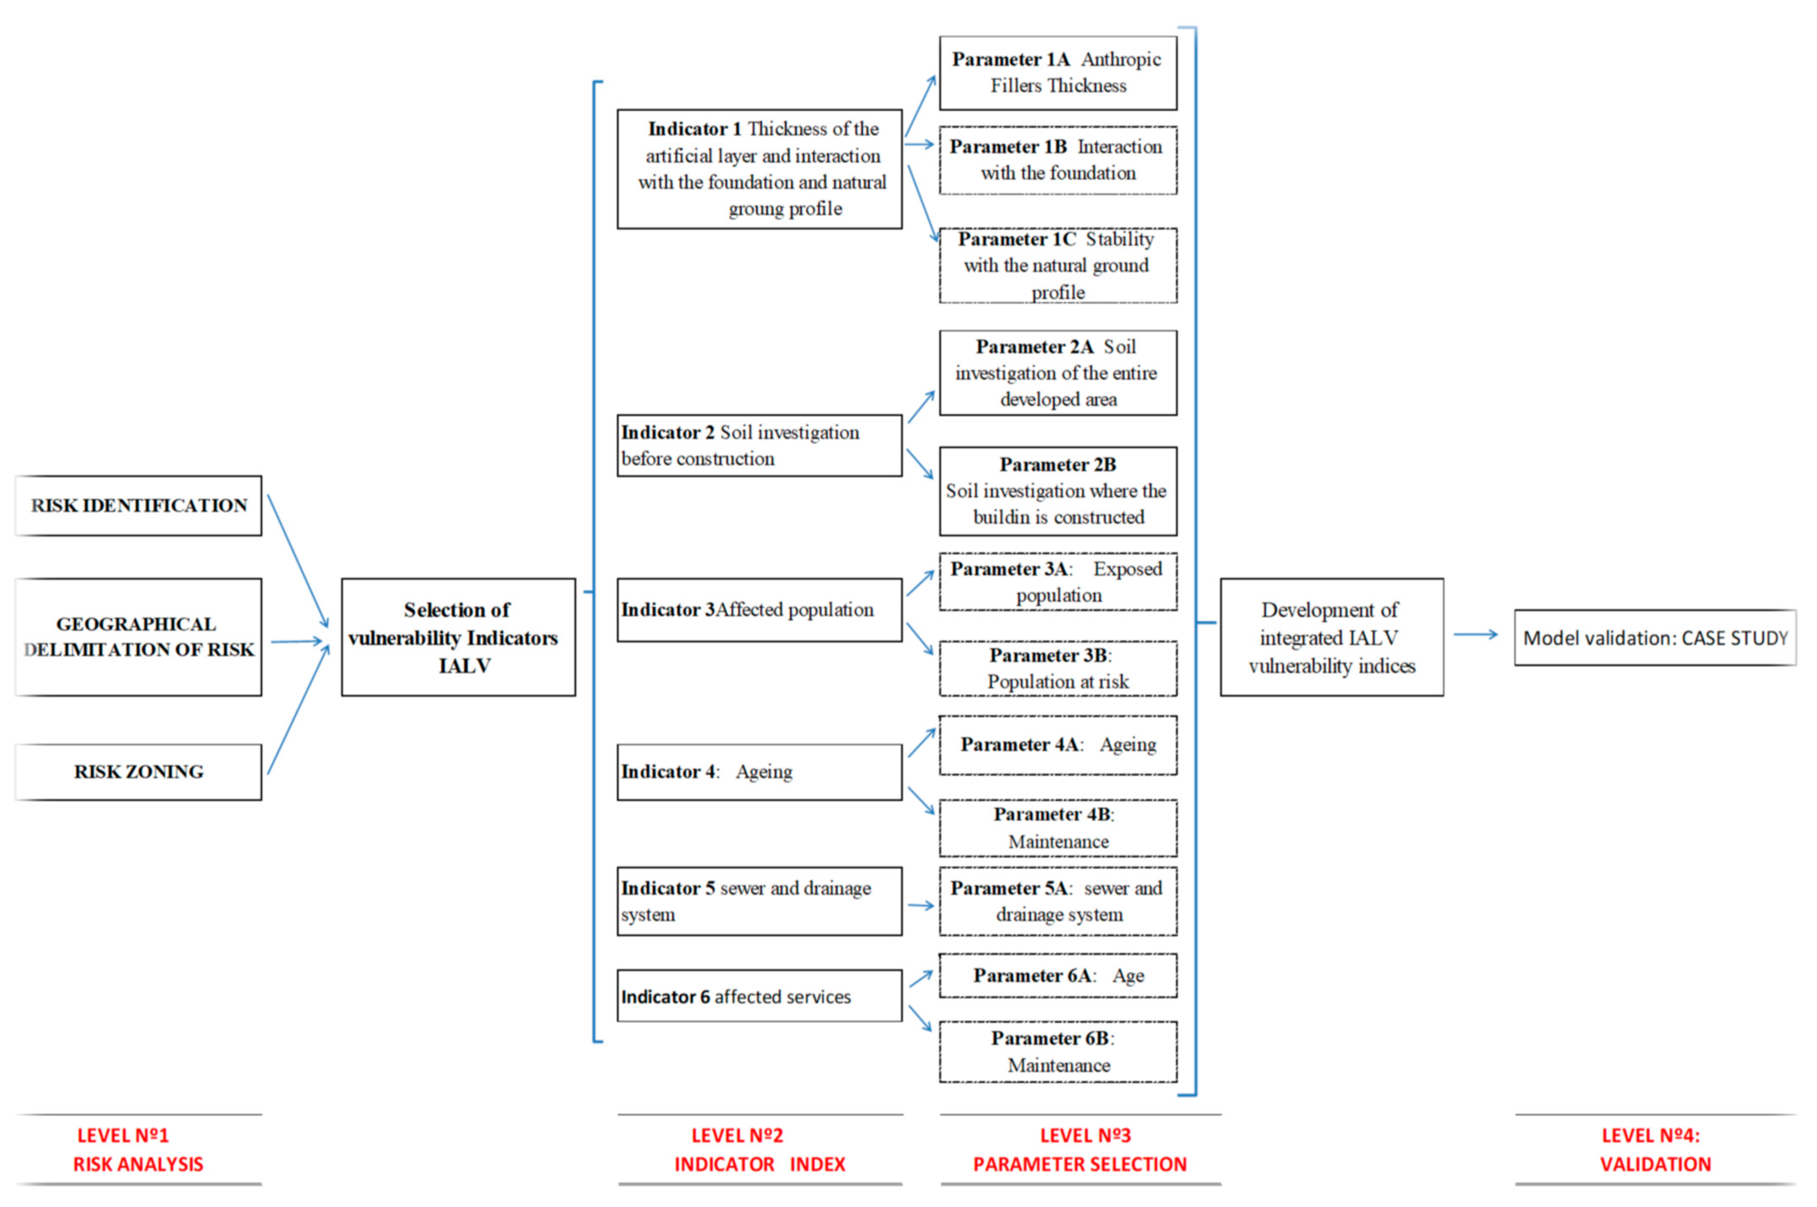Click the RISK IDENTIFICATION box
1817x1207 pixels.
click(x=139, y=506)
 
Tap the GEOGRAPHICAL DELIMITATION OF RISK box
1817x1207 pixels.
click(x=139, y=637)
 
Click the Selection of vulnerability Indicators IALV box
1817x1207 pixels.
click(x=458, y=637)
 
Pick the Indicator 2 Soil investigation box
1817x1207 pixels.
click(x=759, y=446)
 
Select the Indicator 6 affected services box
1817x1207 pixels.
click(x=759, y=996)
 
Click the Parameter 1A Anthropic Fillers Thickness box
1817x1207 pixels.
click(x=1058, y=72)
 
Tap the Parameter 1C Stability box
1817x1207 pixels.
click(x=1058, y=265)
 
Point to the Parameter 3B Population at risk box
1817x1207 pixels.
click(x=1058, y=668)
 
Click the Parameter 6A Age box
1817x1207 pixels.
click(x=1058, y=975)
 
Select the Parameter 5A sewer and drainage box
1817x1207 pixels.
click(x=1058, y=901)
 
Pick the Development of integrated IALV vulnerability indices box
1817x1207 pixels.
click(x=1331, y=637)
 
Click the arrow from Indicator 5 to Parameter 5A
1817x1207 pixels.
click(x=921, y=905)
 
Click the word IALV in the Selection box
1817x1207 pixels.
click(x=464, y=666)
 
